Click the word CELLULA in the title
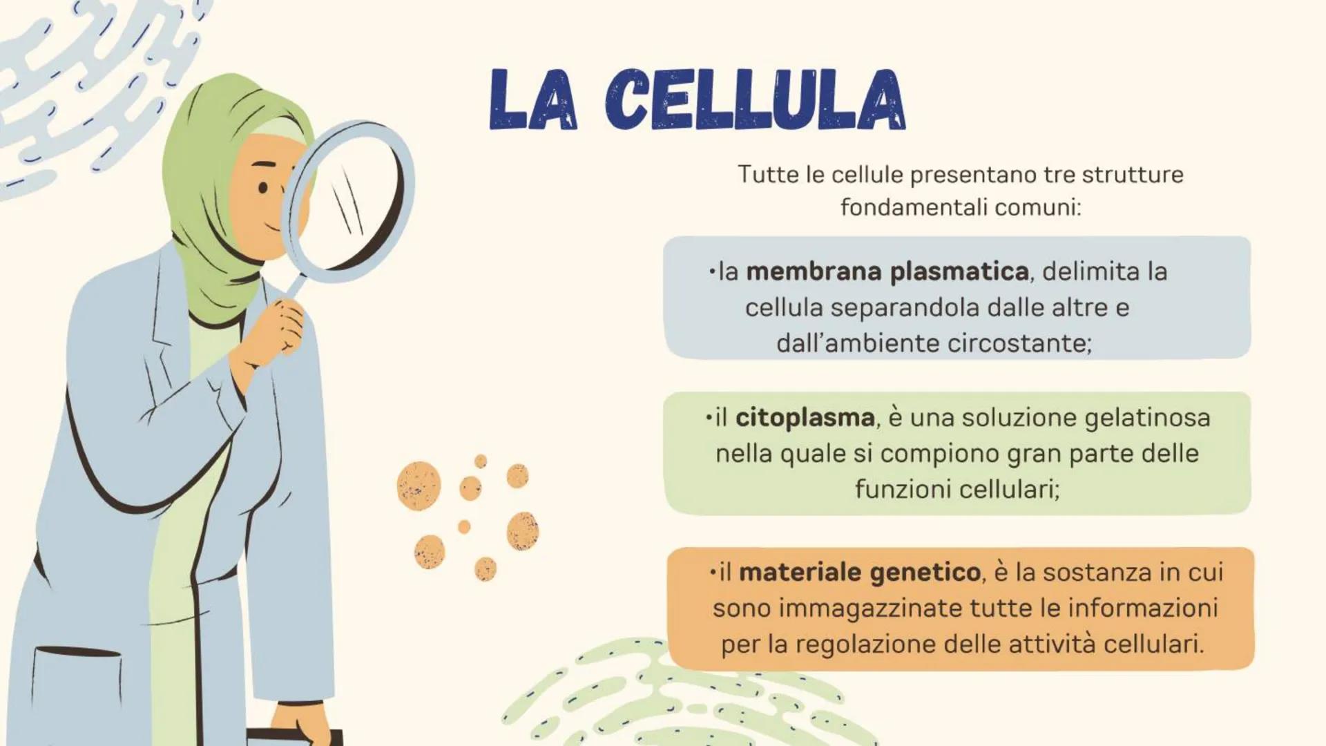pyautogui.click(x=756, y=101)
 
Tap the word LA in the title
pyautogui.click(x=533, y=101)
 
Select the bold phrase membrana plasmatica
pyautogui.click(x=887, y=271)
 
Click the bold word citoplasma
pyautogui.click(x=805, y=417)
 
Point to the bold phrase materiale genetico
pyautogui.click(x=860, y=572)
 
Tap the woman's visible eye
pyautogui.click(x=263, y=188)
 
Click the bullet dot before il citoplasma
pyautogui.click(x=709, y=417)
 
